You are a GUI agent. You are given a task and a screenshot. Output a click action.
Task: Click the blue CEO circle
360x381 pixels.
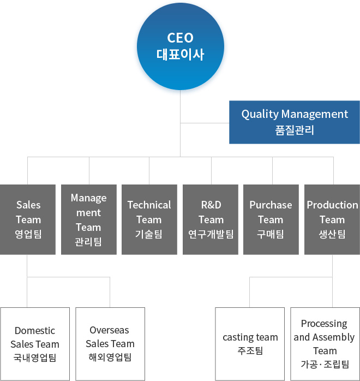tap(181, 46)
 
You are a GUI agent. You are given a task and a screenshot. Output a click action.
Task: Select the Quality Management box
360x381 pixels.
tap(295, 122)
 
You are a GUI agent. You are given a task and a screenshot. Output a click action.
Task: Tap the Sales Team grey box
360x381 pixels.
tap(28, 219)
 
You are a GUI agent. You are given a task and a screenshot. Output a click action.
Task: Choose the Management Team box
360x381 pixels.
tap(89, 219)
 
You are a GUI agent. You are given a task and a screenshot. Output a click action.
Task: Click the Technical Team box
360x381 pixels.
tap(149, 219)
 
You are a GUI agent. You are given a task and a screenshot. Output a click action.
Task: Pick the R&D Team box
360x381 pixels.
tap(211, 219)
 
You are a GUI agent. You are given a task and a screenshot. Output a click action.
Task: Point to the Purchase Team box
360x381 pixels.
tap(271, 219)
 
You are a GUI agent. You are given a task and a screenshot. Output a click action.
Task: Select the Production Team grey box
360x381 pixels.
tap(332, 219)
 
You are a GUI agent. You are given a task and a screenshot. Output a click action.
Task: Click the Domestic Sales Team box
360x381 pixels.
tap(35, 344)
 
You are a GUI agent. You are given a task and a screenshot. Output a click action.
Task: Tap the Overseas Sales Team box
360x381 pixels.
tap(110, 344)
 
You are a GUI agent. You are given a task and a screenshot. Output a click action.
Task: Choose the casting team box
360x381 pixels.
tap(250, 344)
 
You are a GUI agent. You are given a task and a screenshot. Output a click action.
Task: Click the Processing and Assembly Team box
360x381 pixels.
tap(325, 344)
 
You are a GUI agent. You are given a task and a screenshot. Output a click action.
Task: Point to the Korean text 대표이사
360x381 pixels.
tap(180, 55)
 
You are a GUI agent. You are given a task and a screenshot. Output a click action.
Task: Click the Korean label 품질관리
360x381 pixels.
tap(295, 130)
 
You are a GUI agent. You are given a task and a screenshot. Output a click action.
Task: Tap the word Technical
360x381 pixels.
tap(149, 205)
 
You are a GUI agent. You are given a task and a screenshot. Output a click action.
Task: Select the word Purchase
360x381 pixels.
tap(271, 205)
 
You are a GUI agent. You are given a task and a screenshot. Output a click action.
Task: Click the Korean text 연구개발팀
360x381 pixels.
tap(211, 234)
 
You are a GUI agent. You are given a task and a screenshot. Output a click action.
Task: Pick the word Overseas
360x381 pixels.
tap(109, 330)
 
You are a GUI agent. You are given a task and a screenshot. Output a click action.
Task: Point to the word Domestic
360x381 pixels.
tap(35, 330)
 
